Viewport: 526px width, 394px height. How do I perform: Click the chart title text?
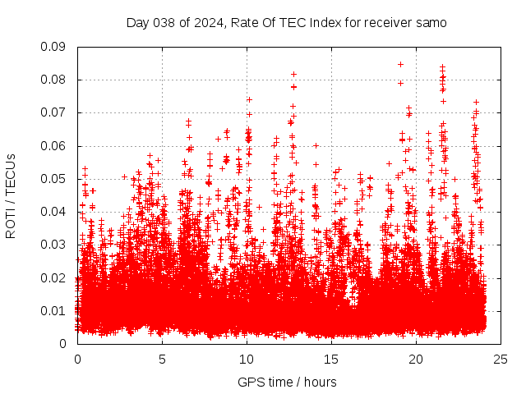coord(286,22)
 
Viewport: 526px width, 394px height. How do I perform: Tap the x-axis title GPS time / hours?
coord(287,382)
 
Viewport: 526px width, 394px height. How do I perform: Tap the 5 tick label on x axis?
coord(162,359)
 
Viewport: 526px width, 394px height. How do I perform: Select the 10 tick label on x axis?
coord(247,359)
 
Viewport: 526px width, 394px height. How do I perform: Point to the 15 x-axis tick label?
coord(331,359)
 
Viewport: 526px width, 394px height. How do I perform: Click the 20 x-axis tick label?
coord(416,359)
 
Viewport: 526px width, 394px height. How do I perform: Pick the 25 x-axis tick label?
coord(501,359)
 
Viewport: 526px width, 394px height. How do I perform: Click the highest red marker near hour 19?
coord(400,64)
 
